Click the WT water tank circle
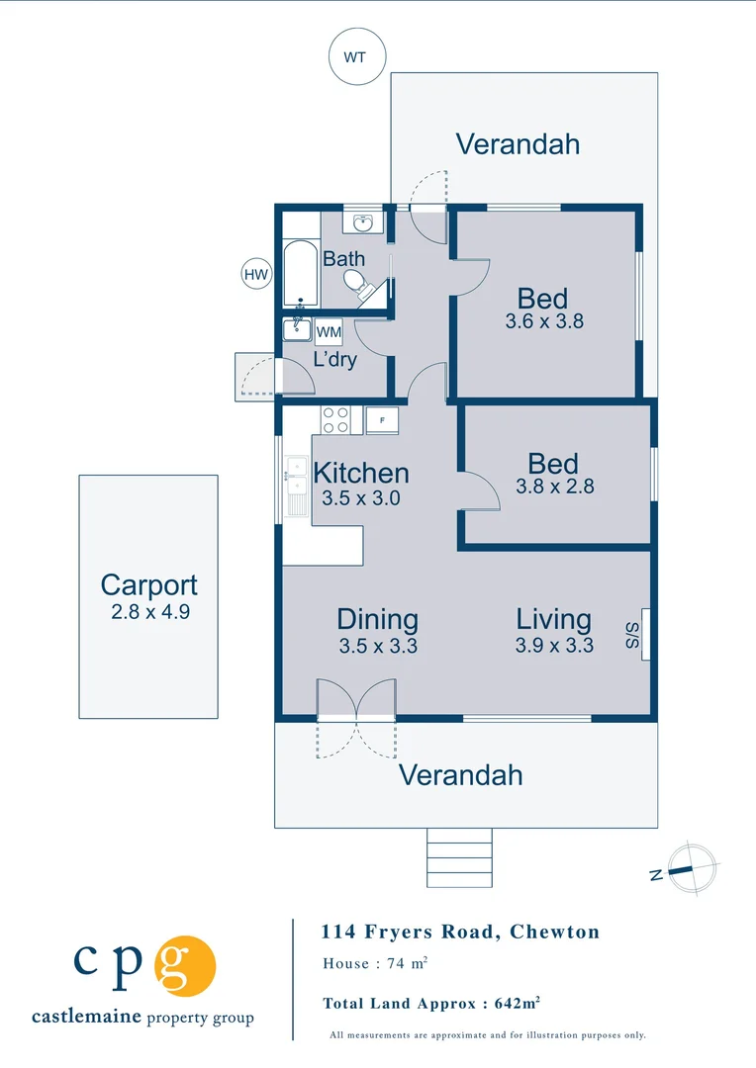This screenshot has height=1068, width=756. coord(356,56)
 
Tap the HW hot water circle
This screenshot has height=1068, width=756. coord(256,274)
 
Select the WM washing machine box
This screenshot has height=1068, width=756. coord(329,331)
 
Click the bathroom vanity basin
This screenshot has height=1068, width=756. coord(363,222)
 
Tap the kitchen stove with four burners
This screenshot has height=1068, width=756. coord(335,420)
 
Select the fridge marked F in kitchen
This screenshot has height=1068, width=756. coord(382,420)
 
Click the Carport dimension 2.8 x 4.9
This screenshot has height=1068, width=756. coord(149,612)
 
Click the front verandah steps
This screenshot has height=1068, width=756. coord(459,857)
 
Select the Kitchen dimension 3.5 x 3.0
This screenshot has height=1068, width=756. coord(360,498)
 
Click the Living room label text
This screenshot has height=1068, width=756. coord(553,620)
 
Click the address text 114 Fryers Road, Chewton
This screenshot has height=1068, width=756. coord(460,932)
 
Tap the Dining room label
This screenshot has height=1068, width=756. coord(377,620)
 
